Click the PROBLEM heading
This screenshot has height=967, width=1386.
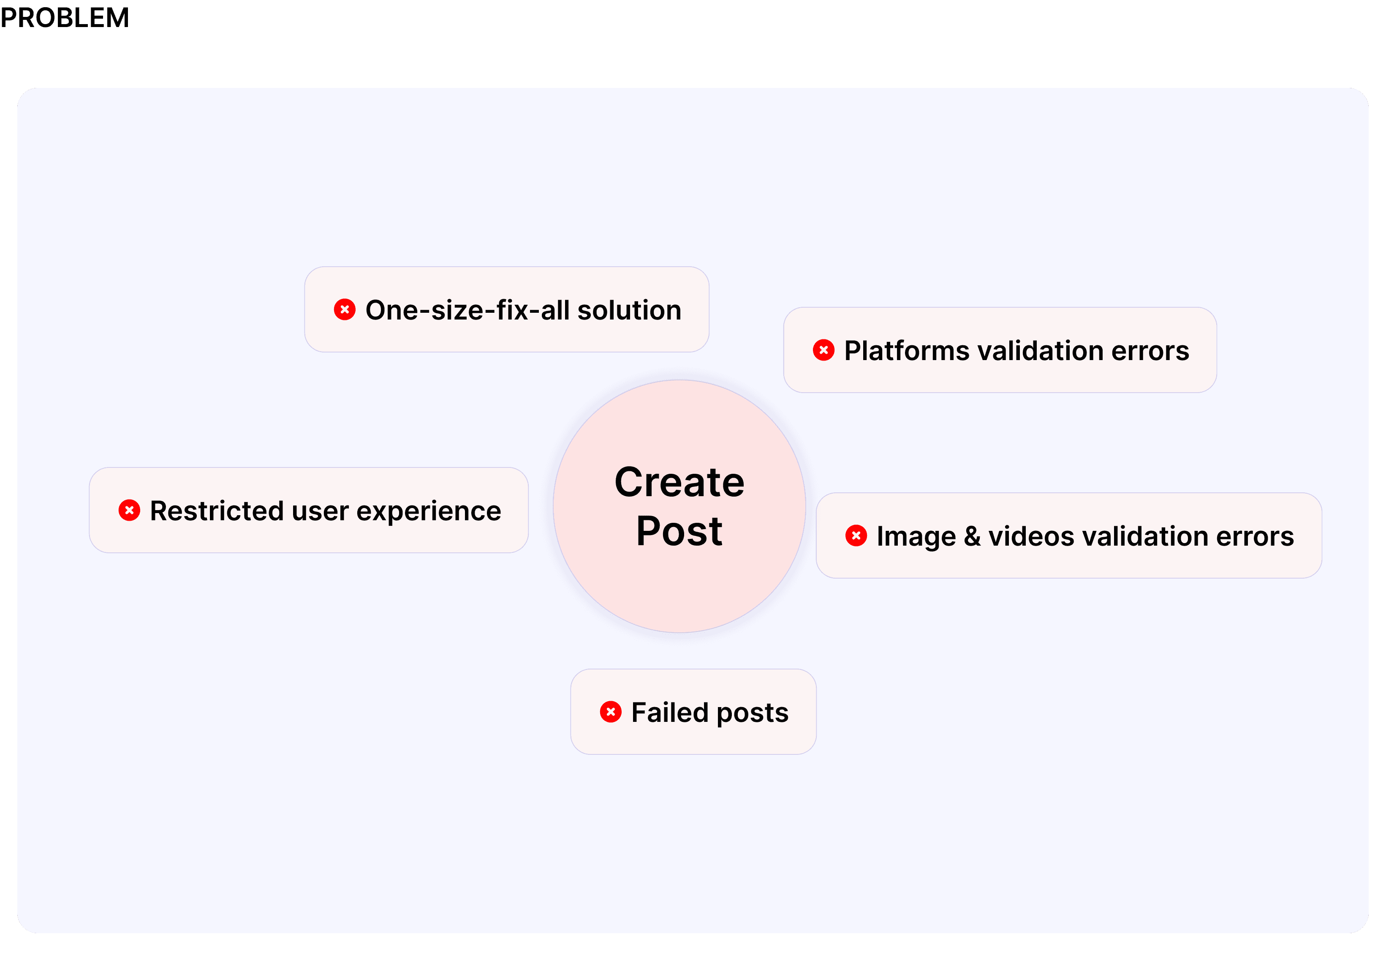click(x=65, y=17)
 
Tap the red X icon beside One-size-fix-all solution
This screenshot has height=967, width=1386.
click(x=345, y=310)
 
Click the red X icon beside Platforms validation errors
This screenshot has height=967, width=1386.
click(x=823, y=350)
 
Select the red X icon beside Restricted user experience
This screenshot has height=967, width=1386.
click(x=129, y=511)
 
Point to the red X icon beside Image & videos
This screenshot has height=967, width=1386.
click(x=856, y=536)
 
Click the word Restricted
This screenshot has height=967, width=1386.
click(x=216, y=511)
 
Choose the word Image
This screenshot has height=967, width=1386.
click(x=916, y=537)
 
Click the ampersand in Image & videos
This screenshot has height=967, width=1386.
click(x=972, y=536)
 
